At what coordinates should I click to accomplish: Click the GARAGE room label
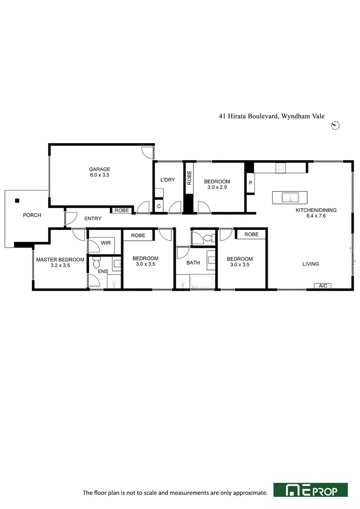pos(99,169)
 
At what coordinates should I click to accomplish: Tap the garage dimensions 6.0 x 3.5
pos(99,175)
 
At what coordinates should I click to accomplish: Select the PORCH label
pos(32,215)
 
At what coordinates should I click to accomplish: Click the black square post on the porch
pos(17,200)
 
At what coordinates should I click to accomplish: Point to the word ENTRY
pos(93,219)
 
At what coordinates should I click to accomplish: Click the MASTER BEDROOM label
pos(60,259)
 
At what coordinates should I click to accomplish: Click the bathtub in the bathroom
pos(202,283)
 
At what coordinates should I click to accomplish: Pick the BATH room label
pos(193,263)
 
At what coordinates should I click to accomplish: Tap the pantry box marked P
pos(250,183)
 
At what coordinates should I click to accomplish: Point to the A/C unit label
pos(323,286)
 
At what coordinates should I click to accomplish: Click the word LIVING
pos(311,264)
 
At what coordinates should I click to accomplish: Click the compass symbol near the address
pos(335,125)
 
